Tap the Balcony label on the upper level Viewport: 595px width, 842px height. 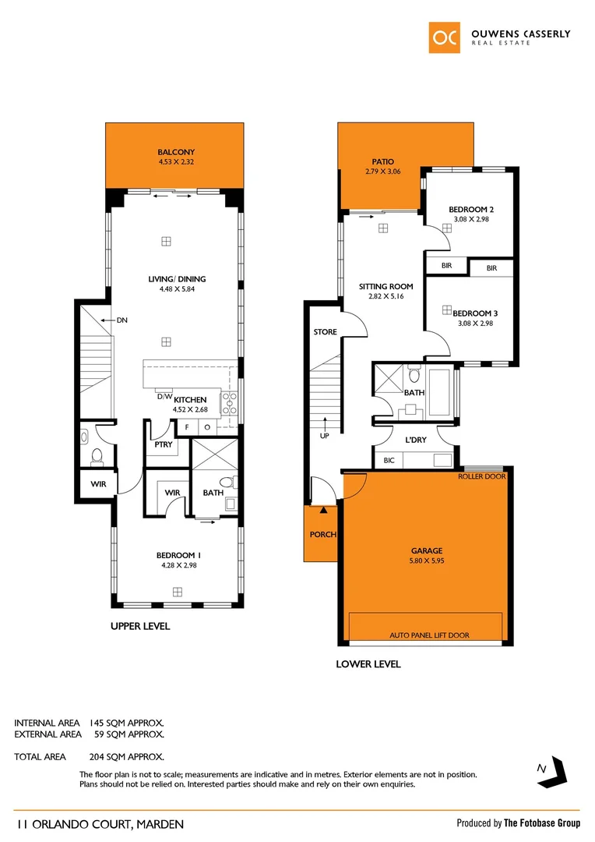click(175, 152)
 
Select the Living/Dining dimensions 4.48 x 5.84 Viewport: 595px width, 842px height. click(177, 289)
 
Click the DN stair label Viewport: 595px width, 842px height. click(122, 320)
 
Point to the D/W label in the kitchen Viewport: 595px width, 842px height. click(164, 396)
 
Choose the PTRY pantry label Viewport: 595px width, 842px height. click(164, 444)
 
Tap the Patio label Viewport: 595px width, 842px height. click(382, 161)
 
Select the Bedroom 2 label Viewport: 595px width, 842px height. click(470, 210)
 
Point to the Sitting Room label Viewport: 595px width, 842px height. click(386, 287)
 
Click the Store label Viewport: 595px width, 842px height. click(325, 332)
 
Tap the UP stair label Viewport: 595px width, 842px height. click(325, 436)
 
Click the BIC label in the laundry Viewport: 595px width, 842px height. click(389, 461)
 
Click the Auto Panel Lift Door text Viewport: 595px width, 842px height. click(429, 635)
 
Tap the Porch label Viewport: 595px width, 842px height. click(322, 534)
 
